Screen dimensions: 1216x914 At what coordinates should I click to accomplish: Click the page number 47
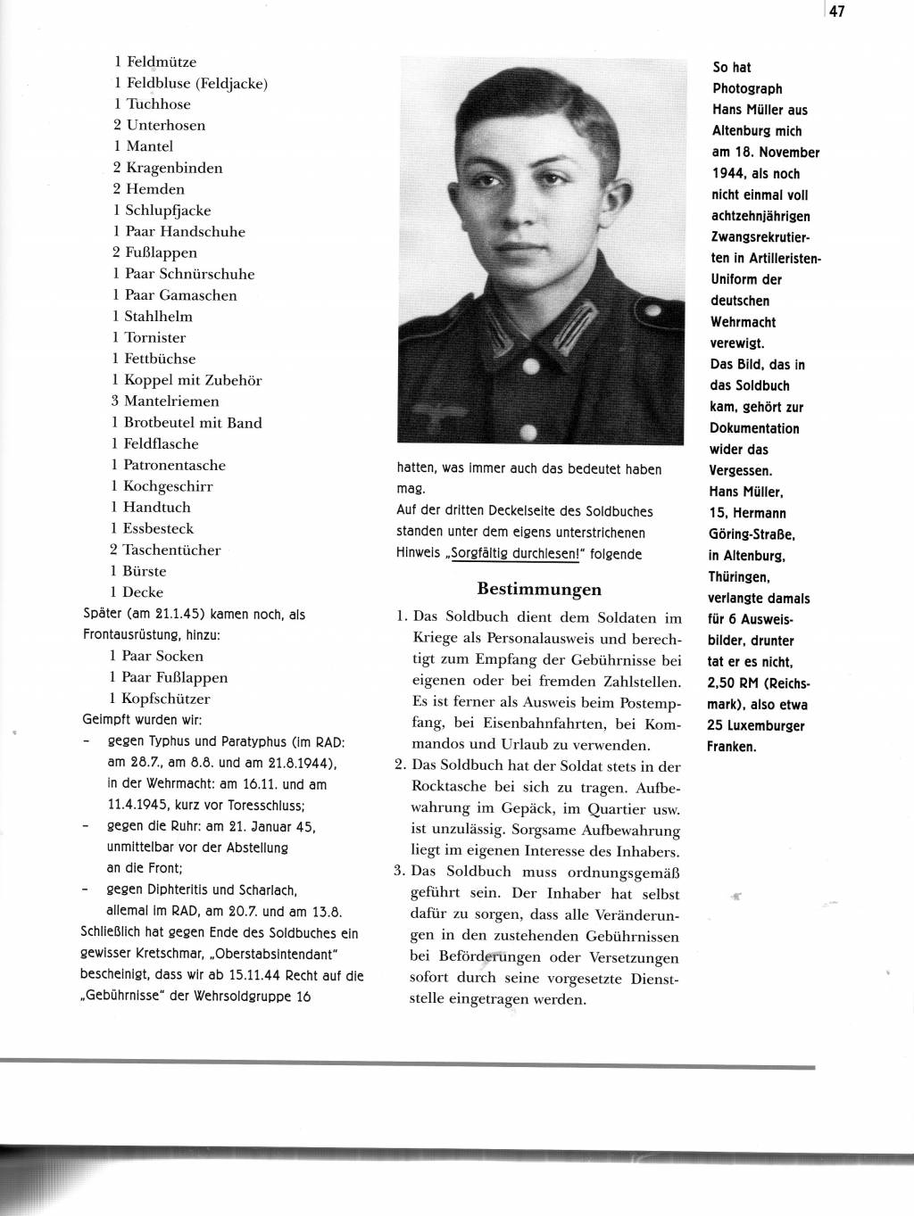click(836, 12)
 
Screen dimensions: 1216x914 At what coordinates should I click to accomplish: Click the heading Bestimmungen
click(539, 589)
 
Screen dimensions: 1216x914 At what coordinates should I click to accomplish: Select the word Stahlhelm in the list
click(158, 316)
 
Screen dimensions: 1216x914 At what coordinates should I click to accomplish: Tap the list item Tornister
click(155, 337)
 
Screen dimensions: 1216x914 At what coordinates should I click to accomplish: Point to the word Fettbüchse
click(160, 359)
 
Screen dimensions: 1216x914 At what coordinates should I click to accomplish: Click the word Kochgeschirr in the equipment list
click(168, 486)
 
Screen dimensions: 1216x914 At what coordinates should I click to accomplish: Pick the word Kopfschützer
click(166, 699)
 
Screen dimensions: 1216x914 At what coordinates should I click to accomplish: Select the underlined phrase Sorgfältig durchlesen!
click(516, 553)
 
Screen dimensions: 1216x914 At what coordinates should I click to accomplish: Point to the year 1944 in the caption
click(731, 174)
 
